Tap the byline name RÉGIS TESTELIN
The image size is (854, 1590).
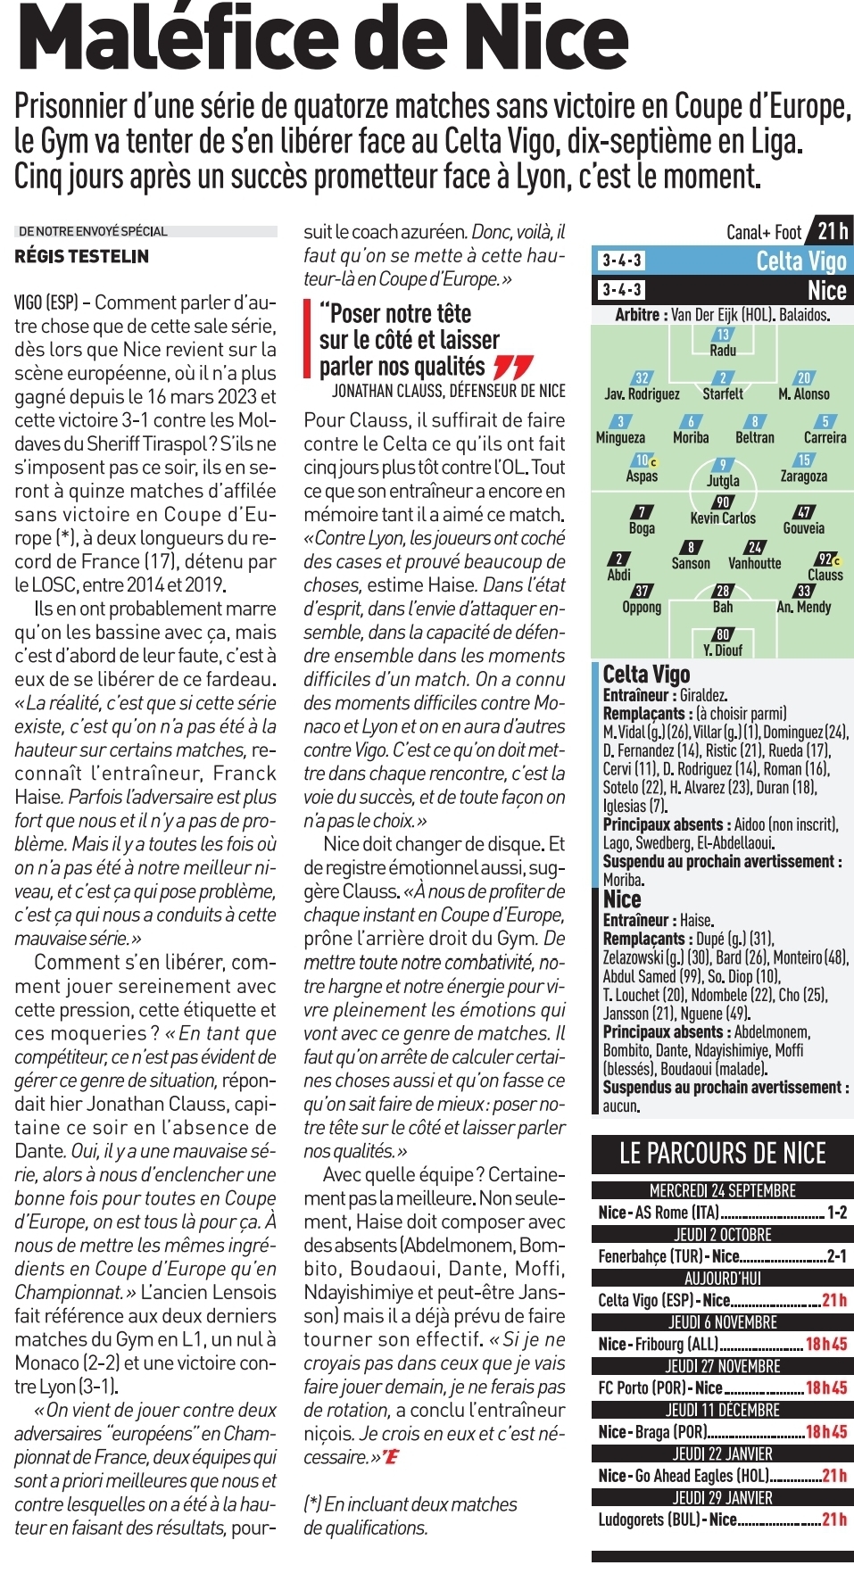tap(82, 256)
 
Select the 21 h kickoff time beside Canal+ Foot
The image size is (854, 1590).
tap(832, 232)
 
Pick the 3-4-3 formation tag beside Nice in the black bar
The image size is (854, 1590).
tap(621, 290)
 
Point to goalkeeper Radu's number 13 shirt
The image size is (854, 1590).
tap(723, 335)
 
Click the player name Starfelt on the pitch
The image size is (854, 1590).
tap(723, 393)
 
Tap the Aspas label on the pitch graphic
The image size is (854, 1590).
tap(642, 476)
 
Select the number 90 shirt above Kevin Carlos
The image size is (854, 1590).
tap(723, 502)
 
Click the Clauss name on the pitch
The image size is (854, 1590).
tap(825, 576)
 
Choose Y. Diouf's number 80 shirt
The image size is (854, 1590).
tap(723, 634)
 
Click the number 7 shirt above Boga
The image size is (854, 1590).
tap(642, 512)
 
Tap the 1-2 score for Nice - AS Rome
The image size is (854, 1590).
tap(837, 1213)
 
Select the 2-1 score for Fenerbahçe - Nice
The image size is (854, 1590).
tap(837, 1256)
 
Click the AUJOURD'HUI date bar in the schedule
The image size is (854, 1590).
tap(723, 1279)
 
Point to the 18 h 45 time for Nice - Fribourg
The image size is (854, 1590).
tap(826, 1344)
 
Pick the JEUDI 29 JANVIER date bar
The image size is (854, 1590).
tap(723, 1498)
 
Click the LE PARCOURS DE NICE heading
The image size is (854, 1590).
tap(723, 1154)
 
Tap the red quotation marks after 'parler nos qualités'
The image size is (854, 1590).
tap(513, 367)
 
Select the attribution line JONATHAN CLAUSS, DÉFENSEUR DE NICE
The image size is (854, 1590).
tap(448, 391)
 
